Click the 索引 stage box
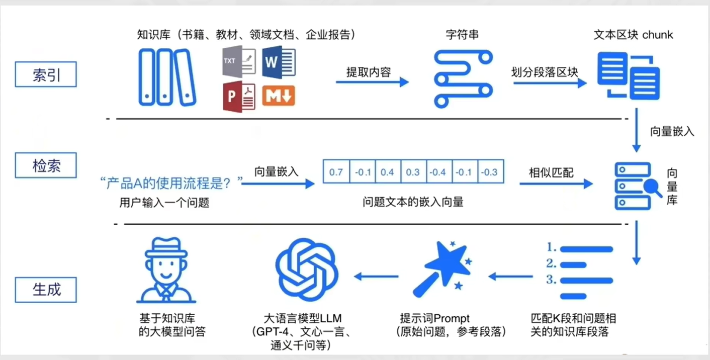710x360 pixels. (46, 74)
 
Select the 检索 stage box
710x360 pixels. (46, 165)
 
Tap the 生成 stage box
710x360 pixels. (46, 290)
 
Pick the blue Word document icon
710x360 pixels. (279, 61)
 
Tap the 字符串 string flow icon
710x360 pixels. (462, 78)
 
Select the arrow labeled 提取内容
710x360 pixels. (372, 82)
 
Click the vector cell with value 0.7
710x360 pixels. (336, 172)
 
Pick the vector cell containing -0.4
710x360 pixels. (438, 172)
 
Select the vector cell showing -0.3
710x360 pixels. (490, 172)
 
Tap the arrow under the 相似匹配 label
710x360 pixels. (556, 184)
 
